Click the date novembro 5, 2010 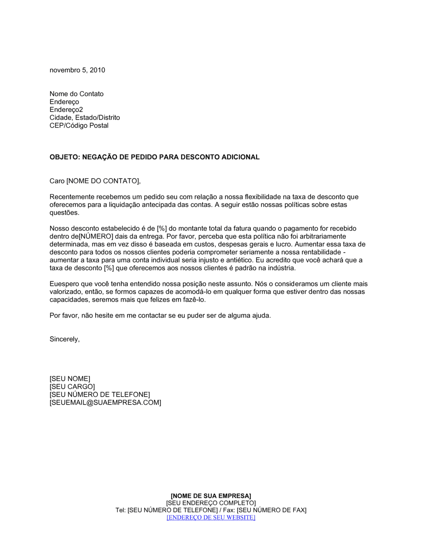[x=77, y=70]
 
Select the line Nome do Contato [x=76, y=94]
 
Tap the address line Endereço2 [x=66, y=110]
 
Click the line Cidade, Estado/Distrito [x=84, y=117]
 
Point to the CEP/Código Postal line [x=79, y=125]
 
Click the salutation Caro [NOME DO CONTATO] [x=95, y=181]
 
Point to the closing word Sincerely [x=65, y=339]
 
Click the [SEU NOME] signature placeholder [x=70, y=379]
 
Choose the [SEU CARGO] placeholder [x=72, y=387]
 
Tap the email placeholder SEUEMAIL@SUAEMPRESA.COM [x=105, y=403]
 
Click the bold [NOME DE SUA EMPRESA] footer [x=211, y=496]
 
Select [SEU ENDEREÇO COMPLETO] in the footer [x=211, y=503]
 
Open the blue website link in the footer [x=211, y=518]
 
